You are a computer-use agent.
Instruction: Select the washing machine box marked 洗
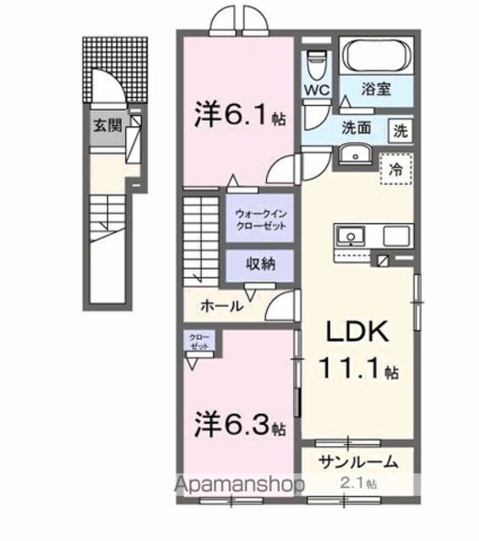click(400, 131)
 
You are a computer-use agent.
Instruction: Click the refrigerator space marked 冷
click(396, 169)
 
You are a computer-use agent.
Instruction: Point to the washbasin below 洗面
click(355, 156)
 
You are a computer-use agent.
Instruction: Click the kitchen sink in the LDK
click(351, 237)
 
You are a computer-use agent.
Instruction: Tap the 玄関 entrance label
click(108, 126)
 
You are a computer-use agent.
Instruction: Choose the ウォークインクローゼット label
click(261, 220)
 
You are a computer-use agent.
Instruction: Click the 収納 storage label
click(260, 264)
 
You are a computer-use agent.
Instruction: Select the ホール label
click(221, 306)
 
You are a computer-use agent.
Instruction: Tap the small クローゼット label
click(199, 342)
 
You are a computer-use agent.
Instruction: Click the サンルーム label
click(359, 462)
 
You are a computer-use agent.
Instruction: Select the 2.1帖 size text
click(358, 484)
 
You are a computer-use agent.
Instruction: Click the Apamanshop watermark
click(239, 485)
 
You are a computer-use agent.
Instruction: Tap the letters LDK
click(357, 331)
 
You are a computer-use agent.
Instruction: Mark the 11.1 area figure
click(359, 368)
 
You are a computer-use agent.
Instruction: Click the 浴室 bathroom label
click(376, 90)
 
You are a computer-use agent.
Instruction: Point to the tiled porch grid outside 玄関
click(115, 69)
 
